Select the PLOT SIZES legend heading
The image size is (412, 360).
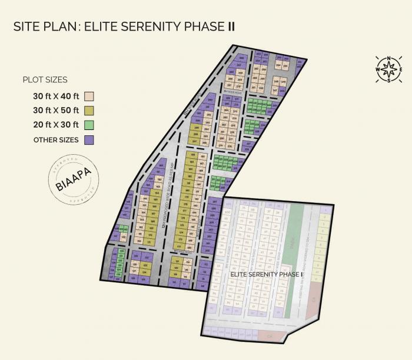click(x=45, y=80)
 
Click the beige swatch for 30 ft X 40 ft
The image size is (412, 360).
click(x=90, y=96)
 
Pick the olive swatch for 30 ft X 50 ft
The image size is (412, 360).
click(x=90, y=111)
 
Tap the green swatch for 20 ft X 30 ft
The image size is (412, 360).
click(x=90, y=125)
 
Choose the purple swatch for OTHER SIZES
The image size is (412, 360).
click(x=90, y=140)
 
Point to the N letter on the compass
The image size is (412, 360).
click(x=388, y=58)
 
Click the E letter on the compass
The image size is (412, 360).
click(x=400, y=69)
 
